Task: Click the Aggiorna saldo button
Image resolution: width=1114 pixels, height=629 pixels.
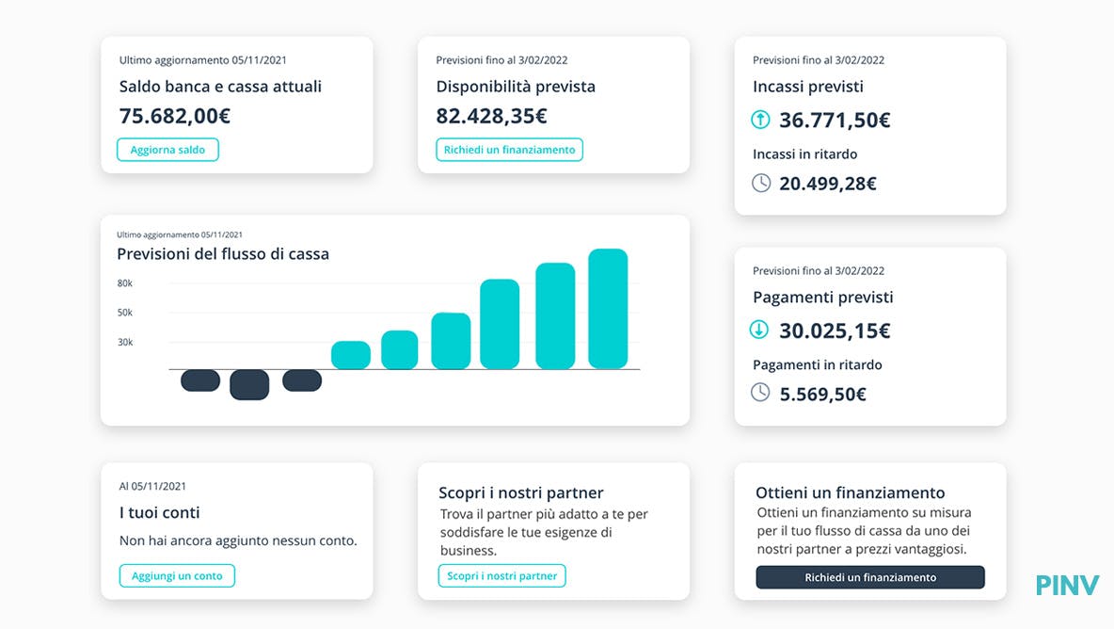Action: click(x=167, y=150)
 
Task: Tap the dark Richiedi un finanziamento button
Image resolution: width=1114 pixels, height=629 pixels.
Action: click(x=869, y=577)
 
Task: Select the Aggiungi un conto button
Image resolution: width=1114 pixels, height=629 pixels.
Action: click(x=177, y=575)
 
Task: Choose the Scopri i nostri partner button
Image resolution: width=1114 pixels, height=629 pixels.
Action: click(x=501, y=575)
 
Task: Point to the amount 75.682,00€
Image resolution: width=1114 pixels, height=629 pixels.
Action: click(x=175, y=116)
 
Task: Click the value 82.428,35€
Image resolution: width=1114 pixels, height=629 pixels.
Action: click(x=491, y=116)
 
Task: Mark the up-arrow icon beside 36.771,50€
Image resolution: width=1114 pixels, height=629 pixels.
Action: click(x=760, y=120)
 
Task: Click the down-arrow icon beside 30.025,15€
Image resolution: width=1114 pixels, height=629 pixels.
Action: click(x=759, y=330)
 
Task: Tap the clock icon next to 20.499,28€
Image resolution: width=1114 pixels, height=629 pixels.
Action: click(x=761, y=183)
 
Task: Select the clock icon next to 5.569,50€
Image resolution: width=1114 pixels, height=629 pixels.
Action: click(x=760, y=393)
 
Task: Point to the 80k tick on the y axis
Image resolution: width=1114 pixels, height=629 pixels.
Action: click(x=125, y=282)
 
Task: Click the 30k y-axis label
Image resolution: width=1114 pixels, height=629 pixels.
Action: click(x=125, y=342)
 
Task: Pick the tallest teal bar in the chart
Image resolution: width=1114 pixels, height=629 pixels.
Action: click(x=608, y=309)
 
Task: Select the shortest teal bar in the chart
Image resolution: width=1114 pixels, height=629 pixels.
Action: click(x=351, y=355)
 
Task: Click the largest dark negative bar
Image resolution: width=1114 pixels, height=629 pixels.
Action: click(x=249, y=384)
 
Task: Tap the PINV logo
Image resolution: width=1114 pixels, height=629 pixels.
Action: click(x=1067, y=586)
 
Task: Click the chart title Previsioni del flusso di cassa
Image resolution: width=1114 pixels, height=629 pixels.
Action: click(x=223, y=253)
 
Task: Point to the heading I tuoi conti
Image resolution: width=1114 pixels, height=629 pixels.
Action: click(x=160, y=512)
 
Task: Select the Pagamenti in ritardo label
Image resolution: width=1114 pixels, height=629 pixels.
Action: click(x=818, y=364)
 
